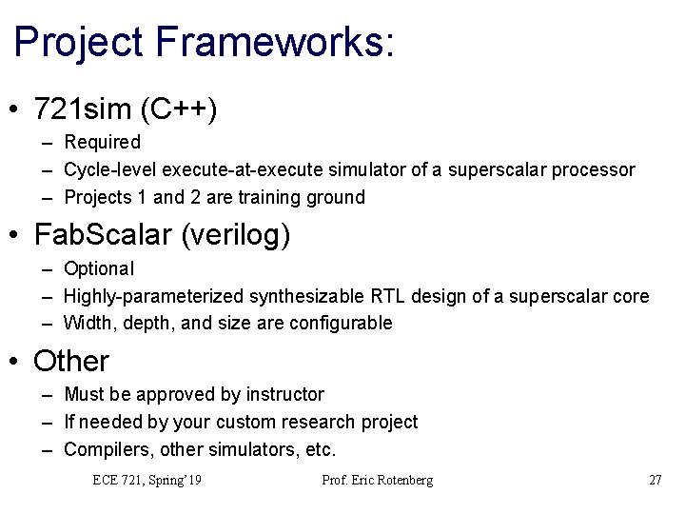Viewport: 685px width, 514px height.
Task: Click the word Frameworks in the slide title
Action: coord(265,43)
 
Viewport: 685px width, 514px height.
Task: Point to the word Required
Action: coord(102,143)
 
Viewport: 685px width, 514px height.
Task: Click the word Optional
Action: coord(99,269)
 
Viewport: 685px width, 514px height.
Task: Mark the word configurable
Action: coord(337,324)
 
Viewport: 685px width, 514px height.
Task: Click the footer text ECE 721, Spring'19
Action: coord(147,481)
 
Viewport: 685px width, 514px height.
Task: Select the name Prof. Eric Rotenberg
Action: coord(378,481)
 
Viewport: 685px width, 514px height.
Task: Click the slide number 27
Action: coord(655,481)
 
